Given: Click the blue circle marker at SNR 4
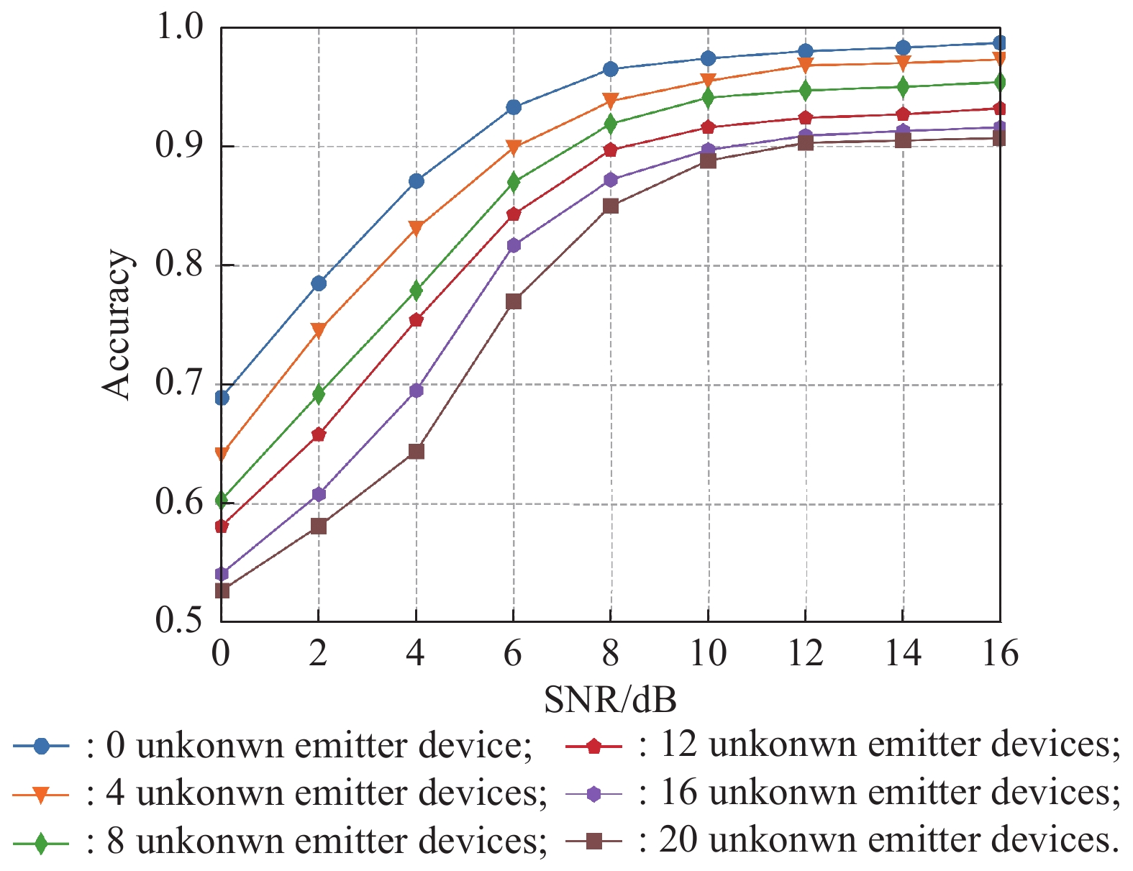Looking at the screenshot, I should [416, 181].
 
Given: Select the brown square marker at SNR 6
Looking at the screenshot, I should [513, 301].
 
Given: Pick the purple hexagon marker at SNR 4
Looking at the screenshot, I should [416, 391].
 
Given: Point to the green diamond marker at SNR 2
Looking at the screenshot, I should [318, 394].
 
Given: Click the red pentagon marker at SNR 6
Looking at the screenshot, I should [513, 214].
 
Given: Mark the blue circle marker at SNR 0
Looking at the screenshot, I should [222, 398].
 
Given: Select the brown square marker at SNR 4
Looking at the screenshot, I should [416, 452].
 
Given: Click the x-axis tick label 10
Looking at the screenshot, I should [708, 654].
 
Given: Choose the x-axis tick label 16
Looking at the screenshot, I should [999, 654].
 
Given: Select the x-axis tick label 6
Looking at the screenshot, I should [513, 654].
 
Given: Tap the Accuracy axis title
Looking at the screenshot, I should [117, 324].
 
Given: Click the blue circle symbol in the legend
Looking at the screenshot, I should [41, 746].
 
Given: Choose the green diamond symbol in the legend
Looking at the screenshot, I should [41, 842].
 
